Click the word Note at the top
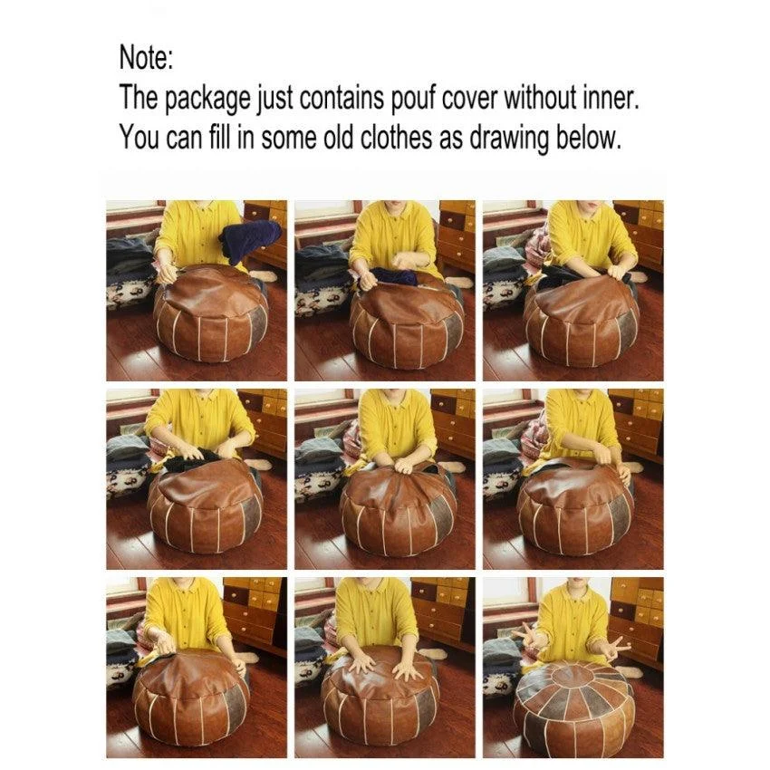[x=145, y=58]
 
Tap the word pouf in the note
[x=413, y=100]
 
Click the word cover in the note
[x=470, y=99]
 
